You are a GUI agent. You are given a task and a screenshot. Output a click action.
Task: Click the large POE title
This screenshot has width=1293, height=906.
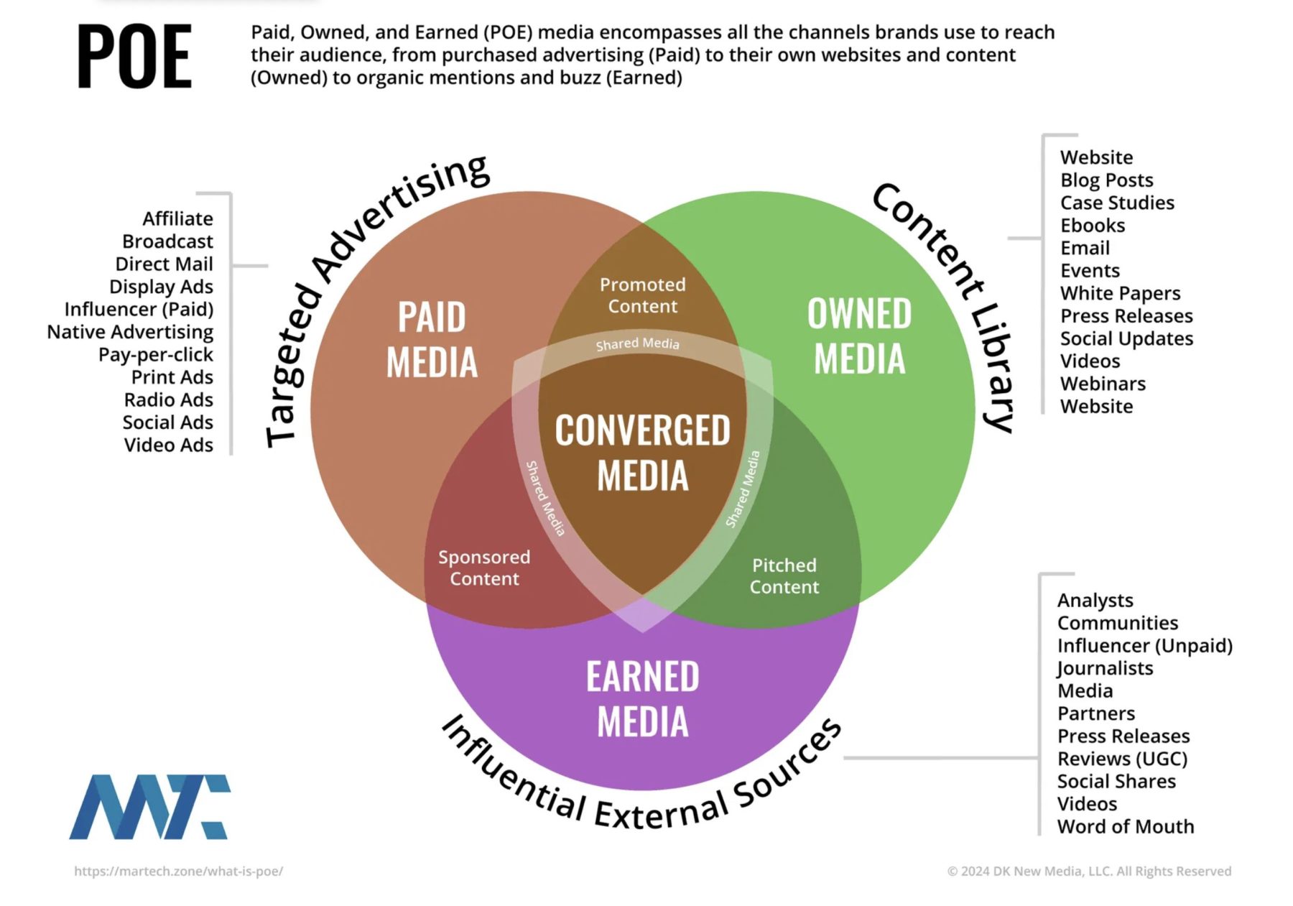pos(134,57)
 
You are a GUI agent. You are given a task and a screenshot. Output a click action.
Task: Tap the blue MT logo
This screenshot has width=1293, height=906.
pos(149,806)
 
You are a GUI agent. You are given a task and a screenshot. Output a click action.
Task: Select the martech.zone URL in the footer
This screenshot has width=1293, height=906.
pos(178,871)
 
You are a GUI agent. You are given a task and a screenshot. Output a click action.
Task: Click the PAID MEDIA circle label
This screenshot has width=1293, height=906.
pos(432,339)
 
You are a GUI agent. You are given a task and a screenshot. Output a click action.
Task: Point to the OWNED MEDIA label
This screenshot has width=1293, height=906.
pos(859,336)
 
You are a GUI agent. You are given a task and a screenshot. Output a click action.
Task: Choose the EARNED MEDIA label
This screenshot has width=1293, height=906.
pos(642,698)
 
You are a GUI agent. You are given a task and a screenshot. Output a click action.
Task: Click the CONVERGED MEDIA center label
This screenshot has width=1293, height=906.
pos(642,453)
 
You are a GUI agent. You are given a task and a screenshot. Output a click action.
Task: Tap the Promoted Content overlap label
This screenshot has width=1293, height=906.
pos(642,295)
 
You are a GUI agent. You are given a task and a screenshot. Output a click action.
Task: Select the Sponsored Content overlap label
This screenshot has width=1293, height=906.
pos(484,568)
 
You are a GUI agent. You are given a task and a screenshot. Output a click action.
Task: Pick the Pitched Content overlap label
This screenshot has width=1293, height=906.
pos(784,576)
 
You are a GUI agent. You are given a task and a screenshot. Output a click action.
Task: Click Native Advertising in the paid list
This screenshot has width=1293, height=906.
pos(130,332)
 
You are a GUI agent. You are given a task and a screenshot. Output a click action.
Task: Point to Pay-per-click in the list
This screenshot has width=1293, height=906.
pos(156,355)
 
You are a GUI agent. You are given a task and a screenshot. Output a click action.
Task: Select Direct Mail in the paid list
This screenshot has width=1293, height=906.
pos(164,264)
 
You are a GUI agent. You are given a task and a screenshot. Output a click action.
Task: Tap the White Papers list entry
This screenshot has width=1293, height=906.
pos(1120,293)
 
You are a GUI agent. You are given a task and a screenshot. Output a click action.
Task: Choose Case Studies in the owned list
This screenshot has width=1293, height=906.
pos(1117,203)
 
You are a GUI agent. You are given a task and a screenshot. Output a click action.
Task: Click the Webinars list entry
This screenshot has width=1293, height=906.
pos(1103,384)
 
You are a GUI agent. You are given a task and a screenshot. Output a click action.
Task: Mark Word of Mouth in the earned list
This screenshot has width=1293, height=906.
pos(1125,826)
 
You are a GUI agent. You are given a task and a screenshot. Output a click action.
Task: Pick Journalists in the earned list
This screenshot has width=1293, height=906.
pos(1105,668)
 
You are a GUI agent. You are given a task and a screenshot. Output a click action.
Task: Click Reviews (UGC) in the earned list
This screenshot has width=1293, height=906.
pos(1122,759)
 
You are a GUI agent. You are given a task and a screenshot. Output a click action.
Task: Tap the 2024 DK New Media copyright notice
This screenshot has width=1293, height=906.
pos(1088,871)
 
